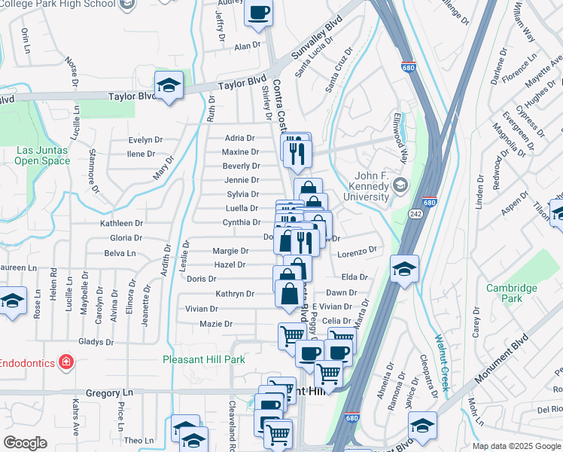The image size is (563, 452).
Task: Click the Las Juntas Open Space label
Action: click(x=42, y=155)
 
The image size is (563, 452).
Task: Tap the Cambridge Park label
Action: click(x=511, y=293)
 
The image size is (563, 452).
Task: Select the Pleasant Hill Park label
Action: click(x=204, y=359)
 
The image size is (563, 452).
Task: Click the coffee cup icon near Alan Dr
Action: click(x=259, y=13)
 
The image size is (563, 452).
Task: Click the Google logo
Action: click(x=25, y=443)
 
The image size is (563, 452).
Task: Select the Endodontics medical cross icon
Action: click(x=66, y=362)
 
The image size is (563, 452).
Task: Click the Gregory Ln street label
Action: click(x=109, y=392)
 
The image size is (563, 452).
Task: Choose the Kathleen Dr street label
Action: click(x=122, y=223)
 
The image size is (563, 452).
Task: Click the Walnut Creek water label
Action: click(x=441, y=362)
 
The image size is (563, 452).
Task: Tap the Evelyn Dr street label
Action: click(x=145, y=139)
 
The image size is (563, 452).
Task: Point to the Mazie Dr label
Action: click(x=215, y=324)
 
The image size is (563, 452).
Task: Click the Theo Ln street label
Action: click(x=138, y=440)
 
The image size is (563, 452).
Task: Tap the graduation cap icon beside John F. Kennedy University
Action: click(x=400, y=185)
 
